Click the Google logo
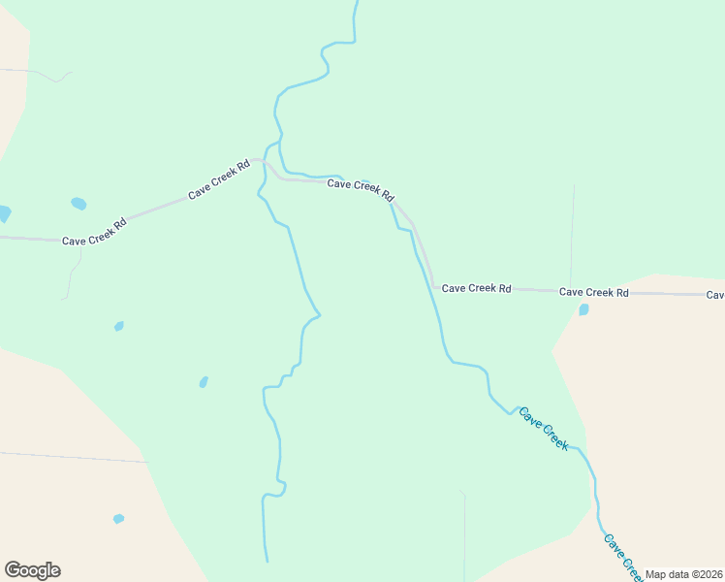32,570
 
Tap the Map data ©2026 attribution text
684,574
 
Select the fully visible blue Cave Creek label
543,428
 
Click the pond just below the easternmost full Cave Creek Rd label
583,310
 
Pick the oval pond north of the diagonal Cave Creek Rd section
79,204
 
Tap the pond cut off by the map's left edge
4,213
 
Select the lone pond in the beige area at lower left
118,519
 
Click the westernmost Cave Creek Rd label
94,233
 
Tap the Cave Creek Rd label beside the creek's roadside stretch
361,188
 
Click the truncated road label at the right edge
715,295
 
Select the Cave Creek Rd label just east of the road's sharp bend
476,288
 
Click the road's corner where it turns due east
433,286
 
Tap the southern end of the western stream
267,560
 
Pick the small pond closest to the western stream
204,382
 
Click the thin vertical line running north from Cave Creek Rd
572,233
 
